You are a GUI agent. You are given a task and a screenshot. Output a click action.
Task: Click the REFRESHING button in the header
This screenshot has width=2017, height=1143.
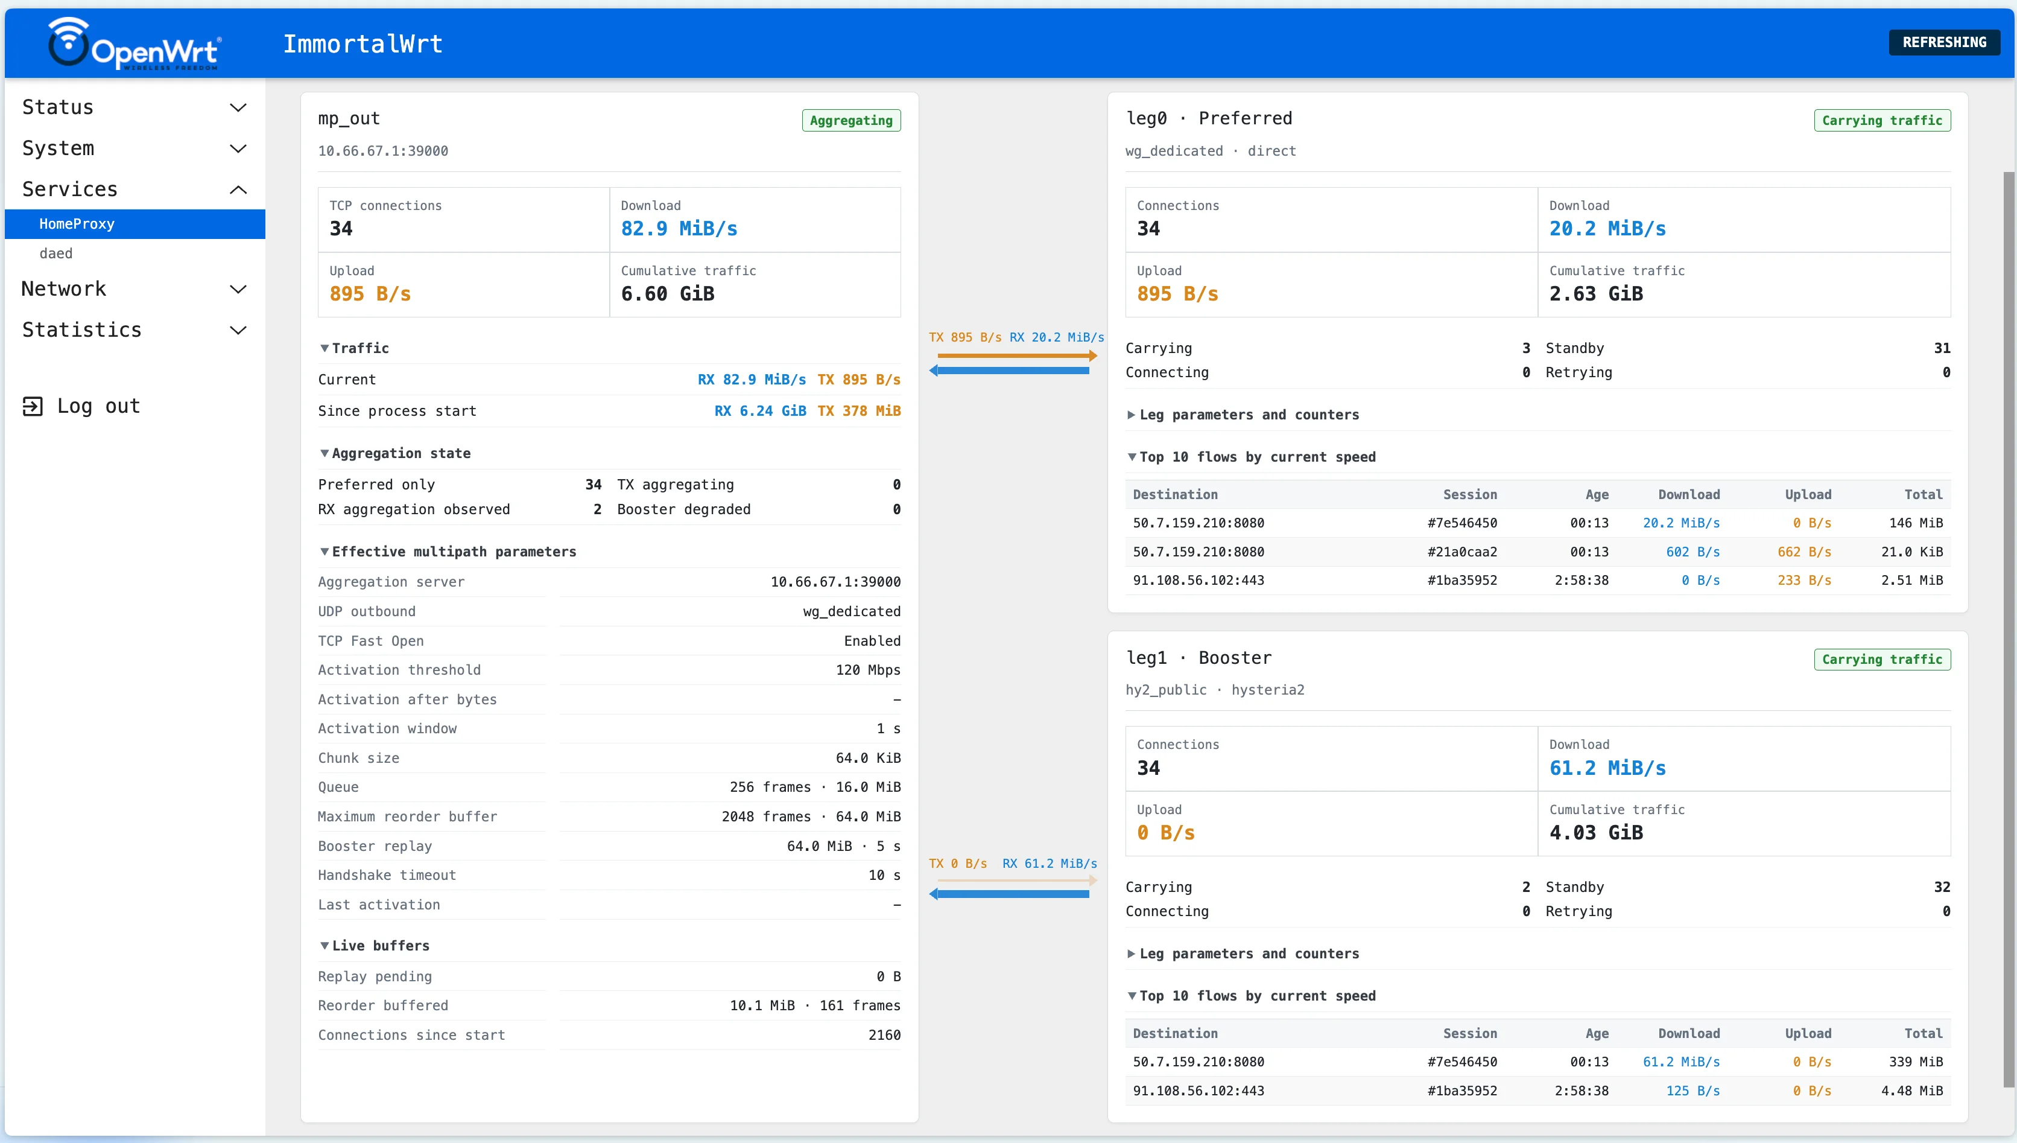click(1944, 42)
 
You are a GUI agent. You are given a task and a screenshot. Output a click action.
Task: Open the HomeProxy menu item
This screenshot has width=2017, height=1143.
click(77, 224)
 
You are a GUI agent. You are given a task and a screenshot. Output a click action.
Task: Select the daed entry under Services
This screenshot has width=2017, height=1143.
click(55, 253)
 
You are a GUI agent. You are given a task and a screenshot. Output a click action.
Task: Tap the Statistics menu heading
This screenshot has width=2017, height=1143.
click(81, 330)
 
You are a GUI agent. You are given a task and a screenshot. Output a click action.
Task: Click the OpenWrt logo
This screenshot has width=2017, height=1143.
click(134, 44)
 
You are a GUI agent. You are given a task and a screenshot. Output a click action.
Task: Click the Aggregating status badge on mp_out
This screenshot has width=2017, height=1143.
click(851, 120)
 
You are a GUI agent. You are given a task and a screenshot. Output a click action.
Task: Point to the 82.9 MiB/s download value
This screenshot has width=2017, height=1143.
click(679, 229)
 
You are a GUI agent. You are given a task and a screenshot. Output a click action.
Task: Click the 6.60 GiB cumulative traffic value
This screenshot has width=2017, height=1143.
click(668, 294)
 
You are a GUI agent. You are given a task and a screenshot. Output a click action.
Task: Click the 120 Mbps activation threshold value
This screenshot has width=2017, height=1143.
click(868, 670)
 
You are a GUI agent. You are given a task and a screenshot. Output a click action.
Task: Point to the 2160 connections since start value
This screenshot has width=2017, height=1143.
click(884, 1034)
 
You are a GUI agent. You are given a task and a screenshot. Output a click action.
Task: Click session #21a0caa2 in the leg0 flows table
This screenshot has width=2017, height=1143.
click(1462, 552)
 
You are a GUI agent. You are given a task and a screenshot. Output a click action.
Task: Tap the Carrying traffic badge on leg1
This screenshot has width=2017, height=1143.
click(1882, 660)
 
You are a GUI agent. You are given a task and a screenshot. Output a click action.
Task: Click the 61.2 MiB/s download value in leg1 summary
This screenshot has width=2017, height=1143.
click(1607, 768)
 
